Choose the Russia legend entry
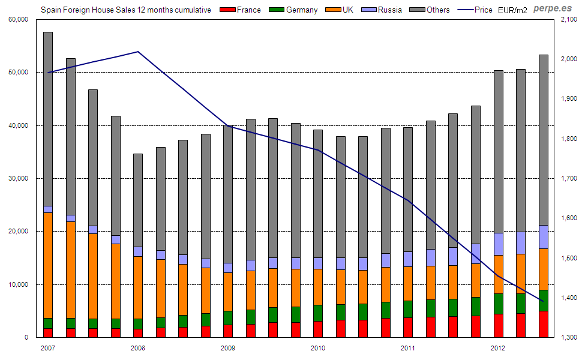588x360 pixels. coord(384,10)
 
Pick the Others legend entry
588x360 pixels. coord(432,10)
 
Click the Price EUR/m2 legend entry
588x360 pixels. coord(492,10)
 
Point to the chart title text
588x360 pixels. coord(125,10)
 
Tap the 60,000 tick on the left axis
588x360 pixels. coord(18,20)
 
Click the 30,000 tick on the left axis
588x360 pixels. coord(18,179)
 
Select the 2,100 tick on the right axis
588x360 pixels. coord(568,20)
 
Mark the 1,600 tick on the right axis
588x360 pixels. coord(568,218)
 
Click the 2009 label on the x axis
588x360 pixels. coord(227,348)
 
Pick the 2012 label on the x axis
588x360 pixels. coord(497,348)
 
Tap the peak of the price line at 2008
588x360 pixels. coord(138,52)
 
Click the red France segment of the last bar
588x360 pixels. coord(543,324)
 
